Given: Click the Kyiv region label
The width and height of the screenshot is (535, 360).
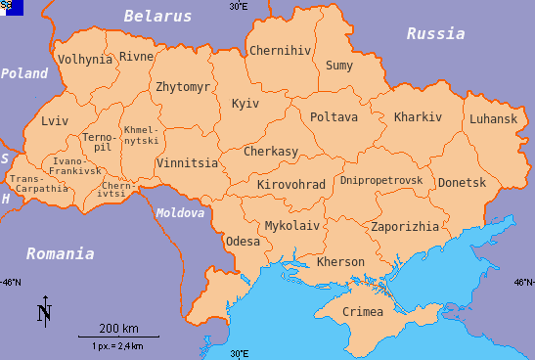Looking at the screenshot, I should [245, 104].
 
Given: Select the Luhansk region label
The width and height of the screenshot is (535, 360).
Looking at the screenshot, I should [493, 118].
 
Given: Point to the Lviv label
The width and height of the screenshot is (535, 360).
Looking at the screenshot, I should [56, 121].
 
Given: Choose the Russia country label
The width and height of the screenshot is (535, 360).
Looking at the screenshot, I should [435, 33].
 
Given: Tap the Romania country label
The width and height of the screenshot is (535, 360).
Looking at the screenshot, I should [60, 253].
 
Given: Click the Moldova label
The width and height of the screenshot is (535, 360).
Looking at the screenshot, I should [180, 212].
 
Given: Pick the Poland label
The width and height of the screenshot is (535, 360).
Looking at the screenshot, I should [24, 73].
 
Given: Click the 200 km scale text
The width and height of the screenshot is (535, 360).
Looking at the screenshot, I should [118, 327].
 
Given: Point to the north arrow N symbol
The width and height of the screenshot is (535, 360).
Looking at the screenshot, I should [44, 312].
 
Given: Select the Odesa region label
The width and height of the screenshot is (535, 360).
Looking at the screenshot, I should [243, 241].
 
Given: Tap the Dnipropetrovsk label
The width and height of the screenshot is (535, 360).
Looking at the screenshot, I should [380, 180].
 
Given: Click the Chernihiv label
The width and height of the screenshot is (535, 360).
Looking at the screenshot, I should [281, 51].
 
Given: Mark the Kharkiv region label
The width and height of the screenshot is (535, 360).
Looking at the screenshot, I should [418, 117].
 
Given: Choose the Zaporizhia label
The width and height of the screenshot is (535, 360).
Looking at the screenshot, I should [405, 226].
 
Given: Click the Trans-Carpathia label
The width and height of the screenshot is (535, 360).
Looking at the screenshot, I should [39, 184].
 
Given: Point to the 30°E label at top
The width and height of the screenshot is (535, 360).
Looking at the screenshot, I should [238, 6].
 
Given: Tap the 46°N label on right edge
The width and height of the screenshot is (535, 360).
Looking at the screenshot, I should [523, 282].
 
